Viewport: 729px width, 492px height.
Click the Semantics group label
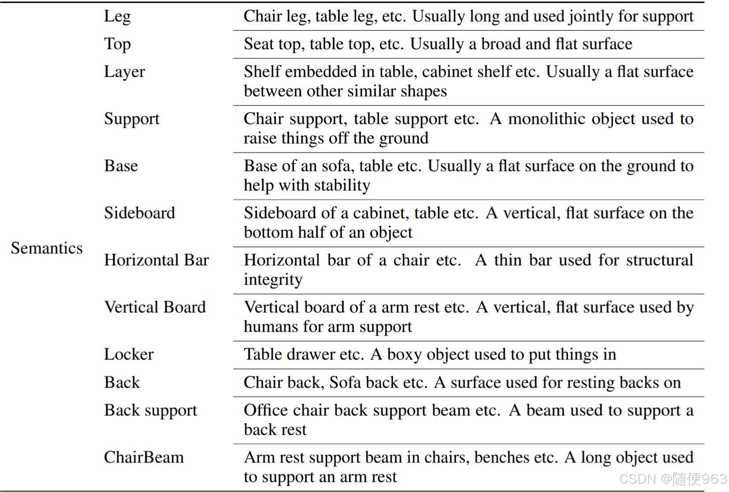(x=47, y=248)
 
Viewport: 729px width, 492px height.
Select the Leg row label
(x=117, y=16)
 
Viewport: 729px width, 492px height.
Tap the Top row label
(x=117, y=44)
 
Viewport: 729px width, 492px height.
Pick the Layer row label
(x=124, y=72)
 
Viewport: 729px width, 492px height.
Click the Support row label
(x=132, y=119)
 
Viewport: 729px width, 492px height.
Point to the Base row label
(x=121, y=166)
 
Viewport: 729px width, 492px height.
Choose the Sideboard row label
(x=140, y=213)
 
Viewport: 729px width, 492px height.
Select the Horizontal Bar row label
(x=156, y=260)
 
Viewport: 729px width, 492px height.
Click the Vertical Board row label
(x=155, y=307)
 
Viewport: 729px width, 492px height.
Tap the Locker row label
(x=129, y=354)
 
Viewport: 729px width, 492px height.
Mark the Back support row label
(x=151, y=410)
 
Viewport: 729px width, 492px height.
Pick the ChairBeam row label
(x=144, y=457)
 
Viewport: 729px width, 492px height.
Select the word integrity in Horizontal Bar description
(x=273, y=280)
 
